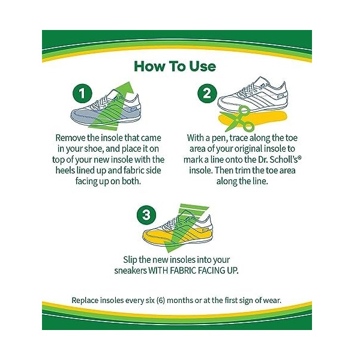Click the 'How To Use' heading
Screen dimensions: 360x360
(175, 67)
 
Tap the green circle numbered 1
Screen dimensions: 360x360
(82, 94)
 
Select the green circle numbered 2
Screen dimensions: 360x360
(208, 94)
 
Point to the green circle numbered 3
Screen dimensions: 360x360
(146, 215)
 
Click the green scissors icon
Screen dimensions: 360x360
(238, 119)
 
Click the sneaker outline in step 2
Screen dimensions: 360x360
(253, 95)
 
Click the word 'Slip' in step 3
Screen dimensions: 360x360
(130, 260)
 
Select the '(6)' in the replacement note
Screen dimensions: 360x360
(160, 301)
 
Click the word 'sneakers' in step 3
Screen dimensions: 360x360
(130, 271)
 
